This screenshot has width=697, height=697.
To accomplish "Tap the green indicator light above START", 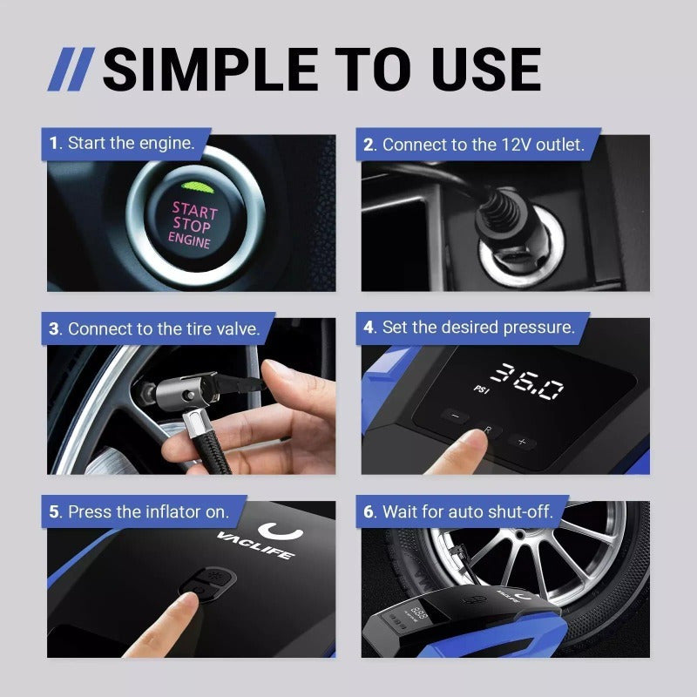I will pos(193,186).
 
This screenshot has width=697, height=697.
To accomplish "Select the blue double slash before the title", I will pos(71,71).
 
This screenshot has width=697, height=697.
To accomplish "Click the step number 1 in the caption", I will pos(55,144).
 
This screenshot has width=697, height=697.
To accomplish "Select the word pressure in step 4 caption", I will pos(539,328).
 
